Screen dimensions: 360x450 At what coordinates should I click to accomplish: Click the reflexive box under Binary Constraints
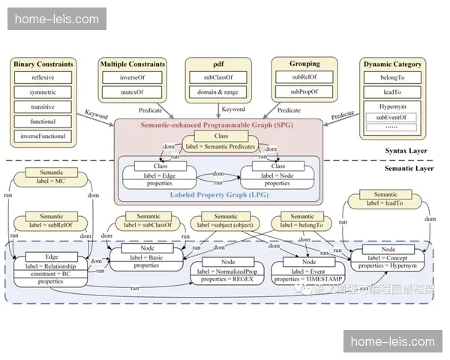coord(43,77)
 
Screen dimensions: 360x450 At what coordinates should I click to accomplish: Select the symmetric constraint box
coord(43,92)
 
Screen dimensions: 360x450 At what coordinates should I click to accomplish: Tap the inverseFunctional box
coord(43,136)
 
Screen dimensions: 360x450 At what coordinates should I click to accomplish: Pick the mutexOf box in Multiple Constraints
coord(131,92)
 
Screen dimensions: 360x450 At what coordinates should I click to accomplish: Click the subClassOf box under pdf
coord(217,77)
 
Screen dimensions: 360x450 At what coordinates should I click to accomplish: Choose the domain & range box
coord(217,92)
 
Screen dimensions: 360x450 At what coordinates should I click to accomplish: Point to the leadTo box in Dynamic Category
coord(392,92)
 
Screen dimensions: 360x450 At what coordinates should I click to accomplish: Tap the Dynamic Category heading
coord(392,64)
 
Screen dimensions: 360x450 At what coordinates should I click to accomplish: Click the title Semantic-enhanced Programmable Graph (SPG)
coord(222,124)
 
